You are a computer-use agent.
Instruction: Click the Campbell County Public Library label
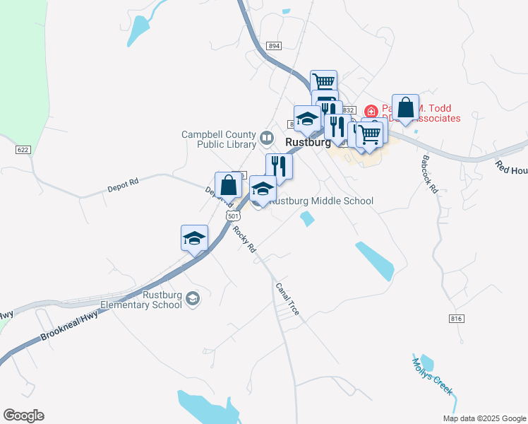coord(218,139)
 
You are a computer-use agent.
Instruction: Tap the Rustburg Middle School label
coord(322,201)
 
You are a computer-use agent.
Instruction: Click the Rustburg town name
coord(307,142)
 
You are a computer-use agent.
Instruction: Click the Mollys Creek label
coord(432,376)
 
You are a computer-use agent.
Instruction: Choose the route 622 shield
coord(23,150)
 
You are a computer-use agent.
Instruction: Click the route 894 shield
coord(275,45)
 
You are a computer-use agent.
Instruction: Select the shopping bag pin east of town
coord(405,108)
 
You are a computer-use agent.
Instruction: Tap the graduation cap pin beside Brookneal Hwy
coord(194,238)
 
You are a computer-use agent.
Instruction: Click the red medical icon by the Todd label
coord(371,111)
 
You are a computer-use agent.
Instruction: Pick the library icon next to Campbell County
coord(267,137)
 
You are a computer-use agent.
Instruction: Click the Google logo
coord(23,416)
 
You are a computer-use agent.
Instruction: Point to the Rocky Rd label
coord(244,241)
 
